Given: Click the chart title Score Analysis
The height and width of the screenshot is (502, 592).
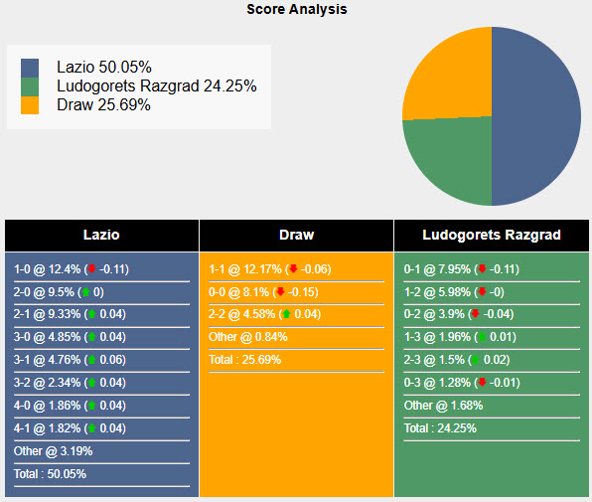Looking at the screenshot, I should click(296, 9).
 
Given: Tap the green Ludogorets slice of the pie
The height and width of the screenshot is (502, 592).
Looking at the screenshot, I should click(447, 159).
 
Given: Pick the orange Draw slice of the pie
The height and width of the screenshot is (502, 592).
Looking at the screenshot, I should click(447, 75).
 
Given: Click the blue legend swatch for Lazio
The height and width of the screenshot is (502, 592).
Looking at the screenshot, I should click(30, 68).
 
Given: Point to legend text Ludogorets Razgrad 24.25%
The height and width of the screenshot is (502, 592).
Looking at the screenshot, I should click(157, 86).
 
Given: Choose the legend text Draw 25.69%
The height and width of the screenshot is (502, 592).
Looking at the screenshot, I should click(103, 104).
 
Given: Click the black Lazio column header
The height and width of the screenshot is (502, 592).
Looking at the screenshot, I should click(100, 236).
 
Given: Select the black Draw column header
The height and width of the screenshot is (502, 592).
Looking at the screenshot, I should click(296, 236).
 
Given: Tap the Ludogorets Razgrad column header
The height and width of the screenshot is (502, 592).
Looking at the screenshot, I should click(492, 236).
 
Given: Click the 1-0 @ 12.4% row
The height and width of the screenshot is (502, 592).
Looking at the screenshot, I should click(72, 269).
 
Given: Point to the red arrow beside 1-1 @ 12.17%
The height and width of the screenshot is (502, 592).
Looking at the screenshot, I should click(293, 269).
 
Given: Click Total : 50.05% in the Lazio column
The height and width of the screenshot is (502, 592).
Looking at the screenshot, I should click(51, 474).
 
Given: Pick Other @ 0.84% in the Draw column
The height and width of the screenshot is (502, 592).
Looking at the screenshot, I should click(248, 337).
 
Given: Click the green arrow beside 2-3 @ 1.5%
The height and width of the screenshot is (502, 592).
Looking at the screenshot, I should click(474, 360).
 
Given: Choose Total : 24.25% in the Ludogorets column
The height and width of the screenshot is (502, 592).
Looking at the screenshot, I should click(440, 428).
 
